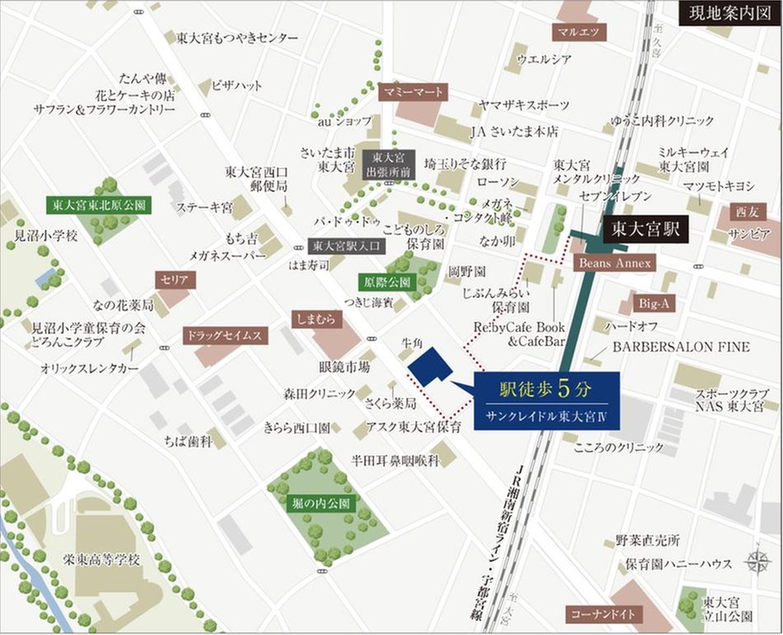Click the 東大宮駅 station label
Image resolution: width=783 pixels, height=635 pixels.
[645, 230]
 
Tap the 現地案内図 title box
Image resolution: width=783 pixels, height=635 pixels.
[726, 14]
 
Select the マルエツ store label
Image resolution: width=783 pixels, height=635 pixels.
[581, 32]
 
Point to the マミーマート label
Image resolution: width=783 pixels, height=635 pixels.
[413, 92]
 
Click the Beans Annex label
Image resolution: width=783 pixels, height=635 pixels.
[615, 263]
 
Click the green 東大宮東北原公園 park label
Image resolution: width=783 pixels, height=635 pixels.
[97, 205]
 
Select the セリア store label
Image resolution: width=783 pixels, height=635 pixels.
[174, 280]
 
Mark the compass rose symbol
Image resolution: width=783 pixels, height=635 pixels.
[757, 561]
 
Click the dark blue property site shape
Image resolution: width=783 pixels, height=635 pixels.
[428, 365]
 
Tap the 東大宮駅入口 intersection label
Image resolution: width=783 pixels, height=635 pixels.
[342, 246]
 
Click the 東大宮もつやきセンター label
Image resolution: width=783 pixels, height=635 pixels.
[237, 37]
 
